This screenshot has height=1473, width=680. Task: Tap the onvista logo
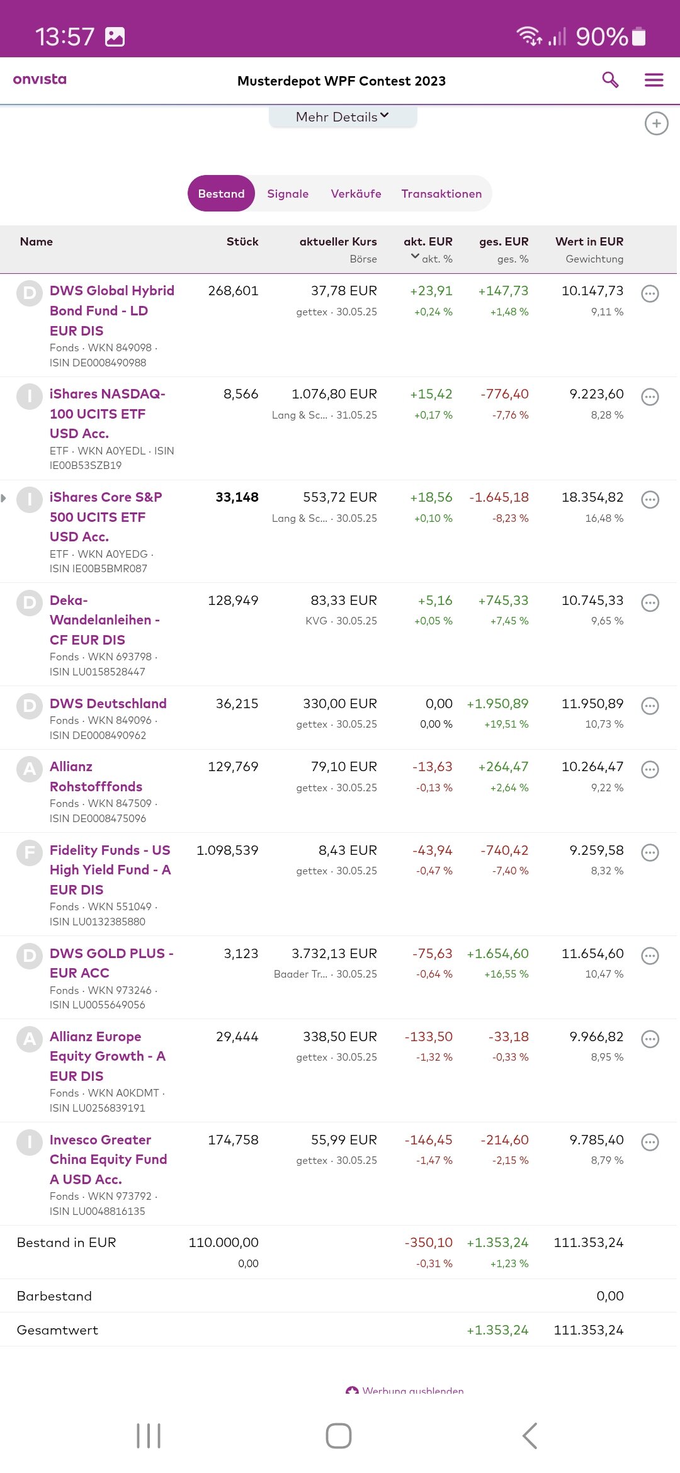coord(40,79)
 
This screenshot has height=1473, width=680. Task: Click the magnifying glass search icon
coord(610,80)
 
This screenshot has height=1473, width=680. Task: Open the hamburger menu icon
coord(654,80)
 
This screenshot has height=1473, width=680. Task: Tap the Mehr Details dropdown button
coord(343,117)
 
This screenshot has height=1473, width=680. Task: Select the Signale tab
coord(288,194)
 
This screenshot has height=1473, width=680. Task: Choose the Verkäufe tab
coord(356,194)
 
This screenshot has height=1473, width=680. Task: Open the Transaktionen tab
coord(441,194)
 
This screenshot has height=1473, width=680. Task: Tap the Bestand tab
coord(221,194)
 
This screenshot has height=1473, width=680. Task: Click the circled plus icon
coord(656,123)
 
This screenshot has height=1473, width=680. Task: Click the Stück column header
coord(242,242)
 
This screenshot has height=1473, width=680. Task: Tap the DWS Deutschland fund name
coord(108,704)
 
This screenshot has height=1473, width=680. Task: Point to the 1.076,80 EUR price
coord(334,394)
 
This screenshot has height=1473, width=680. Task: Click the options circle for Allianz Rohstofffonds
coord(650,769)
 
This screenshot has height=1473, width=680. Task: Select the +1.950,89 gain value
coord(497,704)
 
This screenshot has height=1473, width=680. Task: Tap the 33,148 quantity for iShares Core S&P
coord(237,497)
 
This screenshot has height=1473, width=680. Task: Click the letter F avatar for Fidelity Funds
coord(29,853)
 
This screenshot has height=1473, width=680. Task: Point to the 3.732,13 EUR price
coord(334,954)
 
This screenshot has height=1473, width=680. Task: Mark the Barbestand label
coord(54,1296)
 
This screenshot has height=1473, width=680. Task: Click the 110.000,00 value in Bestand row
coord(224,1243)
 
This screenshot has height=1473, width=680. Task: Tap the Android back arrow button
coord(530,1436)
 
